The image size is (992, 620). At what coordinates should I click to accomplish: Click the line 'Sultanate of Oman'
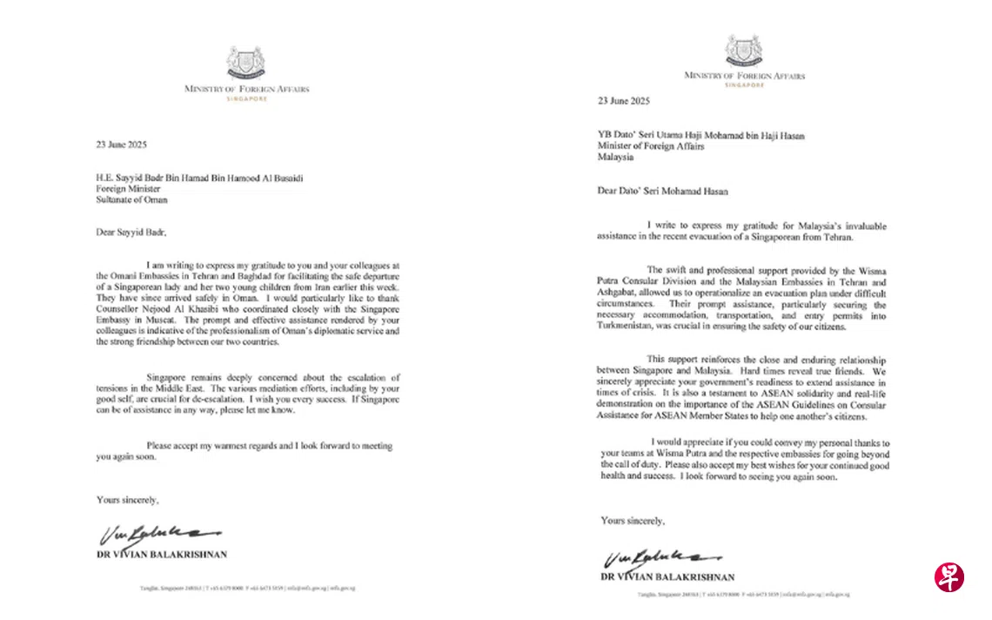click(x=131, y=199)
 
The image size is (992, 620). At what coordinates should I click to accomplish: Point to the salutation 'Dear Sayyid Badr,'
click(x=131, y=232)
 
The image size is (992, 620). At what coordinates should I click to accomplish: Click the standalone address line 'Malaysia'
click(x=615, y=158)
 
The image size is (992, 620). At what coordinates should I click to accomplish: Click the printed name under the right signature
click(x=667, y=577)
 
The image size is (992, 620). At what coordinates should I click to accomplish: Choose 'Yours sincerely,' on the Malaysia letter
click(x=632, y=521)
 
